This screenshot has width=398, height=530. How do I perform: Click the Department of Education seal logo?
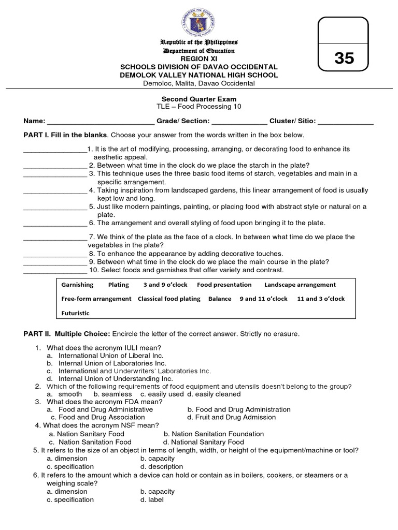pyautogui.click(x=199, y=20)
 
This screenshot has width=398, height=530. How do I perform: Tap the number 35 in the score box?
pyautogui.click(x=344, y=58)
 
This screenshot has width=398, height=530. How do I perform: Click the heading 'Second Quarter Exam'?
pyautogui.click(x=199, y=99)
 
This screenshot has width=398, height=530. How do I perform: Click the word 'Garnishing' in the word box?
pyautogui.click(x=77, y=285)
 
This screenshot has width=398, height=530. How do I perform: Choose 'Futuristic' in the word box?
pyautogui.click(x=75, y=313)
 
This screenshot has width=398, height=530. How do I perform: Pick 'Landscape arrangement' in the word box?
pyautogui.click(x=300, y=285)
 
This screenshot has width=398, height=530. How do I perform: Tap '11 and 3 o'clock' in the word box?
pyautogui.click(x=321, y=299)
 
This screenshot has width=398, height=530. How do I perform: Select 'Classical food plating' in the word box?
pyautogui.click(x=168, y=299)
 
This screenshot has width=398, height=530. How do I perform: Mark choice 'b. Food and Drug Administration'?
pyautogui.click(x=238, y=409)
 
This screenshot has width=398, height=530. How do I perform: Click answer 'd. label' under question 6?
pyautogui.click(x=152, y=500)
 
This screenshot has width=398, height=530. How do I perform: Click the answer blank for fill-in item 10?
pyautogui.click(x=55, y=270)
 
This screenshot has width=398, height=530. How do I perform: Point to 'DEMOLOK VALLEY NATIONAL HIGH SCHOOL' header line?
pyautogui.click(x=199, y=75)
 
